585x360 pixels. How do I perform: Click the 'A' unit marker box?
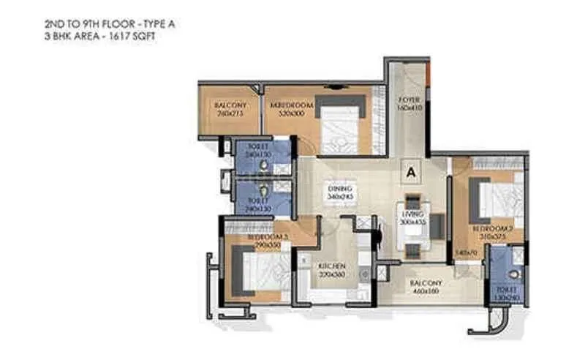coord(411,173)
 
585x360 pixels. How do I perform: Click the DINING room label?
coord(339,189)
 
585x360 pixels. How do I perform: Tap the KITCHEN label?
coord(331,265)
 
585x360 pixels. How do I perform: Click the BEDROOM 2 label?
coord(492,229)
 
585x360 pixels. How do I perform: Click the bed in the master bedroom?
coord(340,121)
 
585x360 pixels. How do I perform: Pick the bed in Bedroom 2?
coord(501,198)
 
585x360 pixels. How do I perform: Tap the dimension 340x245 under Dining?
coord(339,198)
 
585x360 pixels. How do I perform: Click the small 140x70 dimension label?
coord(461,252)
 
